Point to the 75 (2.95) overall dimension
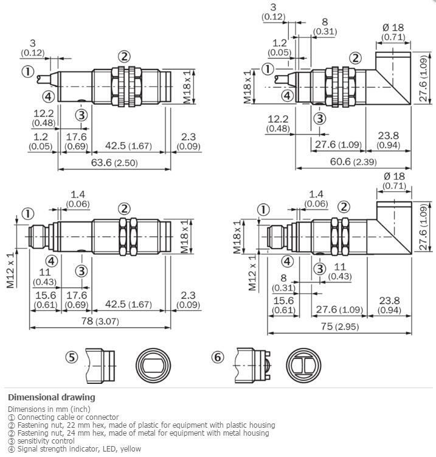click(x=339, y=327)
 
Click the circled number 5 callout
click(x=72, y=357)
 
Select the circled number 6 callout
click(x=218, y=357)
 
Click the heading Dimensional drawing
click(x=52, y=397)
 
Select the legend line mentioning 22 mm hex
click(x=141, y=425)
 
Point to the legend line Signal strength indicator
click(x=74, y=448)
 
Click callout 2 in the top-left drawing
click(x=124, y=57)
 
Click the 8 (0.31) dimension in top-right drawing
click(x=324, y=27)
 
